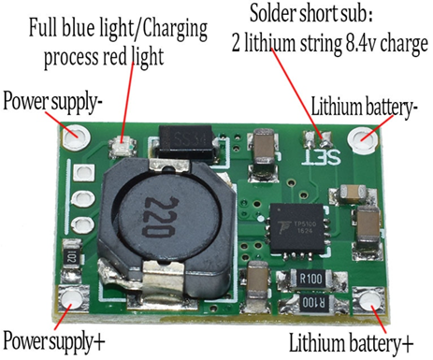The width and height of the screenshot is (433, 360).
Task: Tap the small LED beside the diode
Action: point(122,146)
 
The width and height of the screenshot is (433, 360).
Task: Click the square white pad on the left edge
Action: point(85,173)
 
